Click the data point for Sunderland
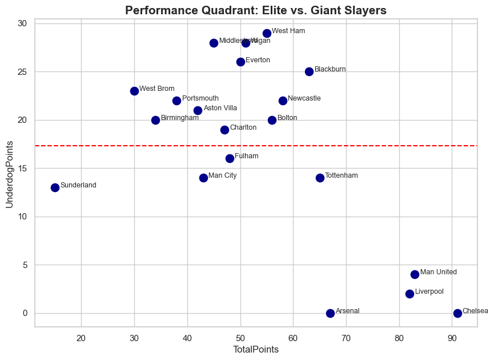click(x=55, y=187)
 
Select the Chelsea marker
click(x=457, y=313)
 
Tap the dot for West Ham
click(x=267, y=33)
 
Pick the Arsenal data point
click(x=330, y=313)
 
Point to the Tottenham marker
click(x=320, y=178)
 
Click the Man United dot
click(x=415, y=274)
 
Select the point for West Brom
click(x=134, y=91)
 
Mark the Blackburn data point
click(x=309, y=71)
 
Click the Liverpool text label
click(x=429, y=291)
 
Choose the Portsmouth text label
click(x=200, y=99)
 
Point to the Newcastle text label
click(x=304, y=98)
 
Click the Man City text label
click(x=222, y=175)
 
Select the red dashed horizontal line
click(x=343, y=146)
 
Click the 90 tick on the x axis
click(x=452, y=337)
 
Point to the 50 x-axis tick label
click(x=240, y=337)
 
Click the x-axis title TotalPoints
click(x=256, y=350)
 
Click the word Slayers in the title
click(x=366, y=10)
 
